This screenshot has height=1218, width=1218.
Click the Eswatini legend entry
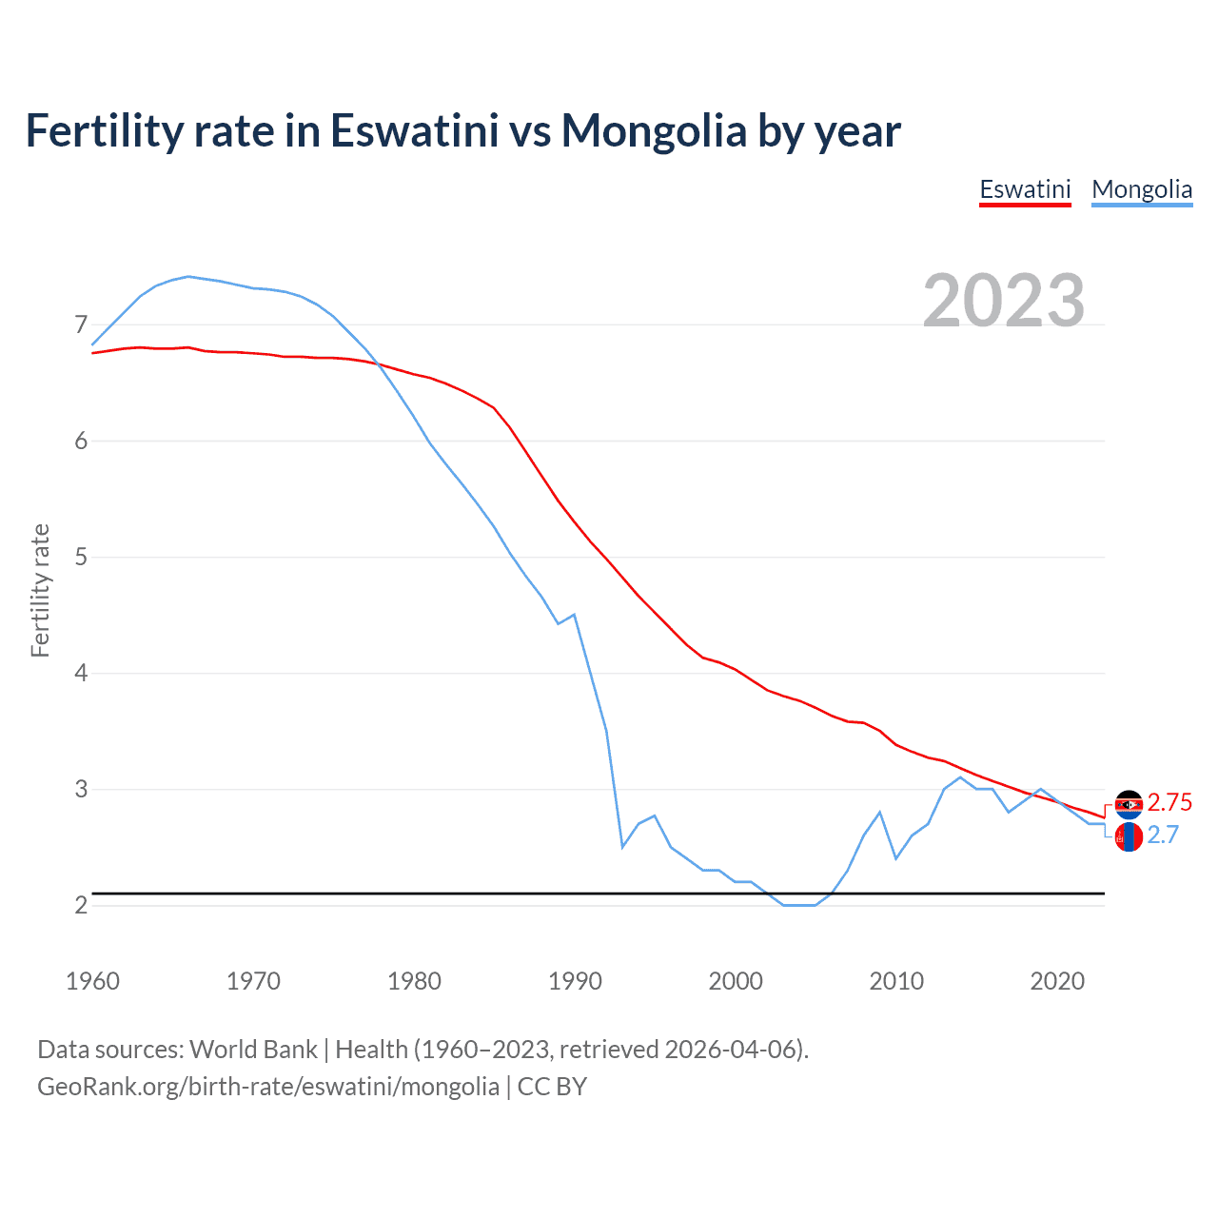(x=1025, y=189)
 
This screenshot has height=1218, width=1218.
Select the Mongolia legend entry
(x=1142, y=189)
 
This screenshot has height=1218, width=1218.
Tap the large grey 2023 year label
(x=1004, y=301)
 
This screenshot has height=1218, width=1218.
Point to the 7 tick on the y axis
(x=81, y=325)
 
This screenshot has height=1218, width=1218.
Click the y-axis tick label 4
(x=81, y=674)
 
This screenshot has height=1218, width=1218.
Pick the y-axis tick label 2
(x=81, y=906)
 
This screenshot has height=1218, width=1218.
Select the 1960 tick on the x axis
(x=92, y=981)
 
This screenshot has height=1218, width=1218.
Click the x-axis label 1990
(x=575, y=981)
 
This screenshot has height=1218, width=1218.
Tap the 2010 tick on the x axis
(x=896, y=981)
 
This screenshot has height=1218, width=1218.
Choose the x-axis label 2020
(x=1057, y=981)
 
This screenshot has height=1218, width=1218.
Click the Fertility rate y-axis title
(x=40, y=590)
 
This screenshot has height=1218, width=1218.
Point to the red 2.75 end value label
(x=1169, y=802)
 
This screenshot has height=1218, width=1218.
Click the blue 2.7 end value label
(x=1163, y=835)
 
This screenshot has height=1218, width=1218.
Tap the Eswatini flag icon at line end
(x=1129, y=805)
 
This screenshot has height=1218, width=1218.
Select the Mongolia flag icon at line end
(x=1129, y=837)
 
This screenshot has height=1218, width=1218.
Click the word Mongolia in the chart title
(x=654, y=130)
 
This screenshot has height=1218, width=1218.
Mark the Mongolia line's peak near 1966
(x=188, y=276)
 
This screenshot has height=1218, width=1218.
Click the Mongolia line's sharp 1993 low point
(x=622, y=846)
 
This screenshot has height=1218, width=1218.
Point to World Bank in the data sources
(x=253, y=1050)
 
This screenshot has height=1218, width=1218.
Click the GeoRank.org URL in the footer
(x=268, y=1087)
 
